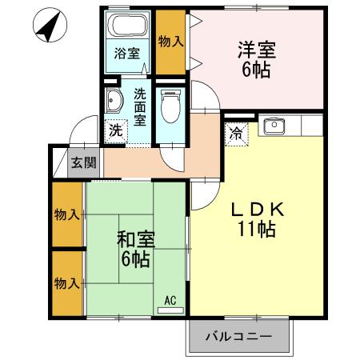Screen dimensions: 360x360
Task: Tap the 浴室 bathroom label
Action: [x=126, y=54]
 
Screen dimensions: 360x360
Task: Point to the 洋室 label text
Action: [x=256, y=50]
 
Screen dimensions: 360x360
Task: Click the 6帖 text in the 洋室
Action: [x=256, y=70]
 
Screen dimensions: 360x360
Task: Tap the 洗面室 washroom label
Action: [x=140, y=106]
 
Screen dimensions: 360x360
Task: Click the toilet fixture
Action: [x=169, y=102]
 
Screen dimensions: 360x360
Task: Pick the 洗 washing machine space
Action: [x=116, y=130]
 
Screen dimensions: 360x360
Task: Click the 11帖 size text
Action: [x=256, y=230]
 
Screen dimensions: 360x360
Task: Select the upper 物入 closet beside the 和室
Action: [x=66, y=214]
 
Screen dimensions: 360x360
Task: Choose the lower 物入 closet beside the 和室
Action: [x=66, y=283]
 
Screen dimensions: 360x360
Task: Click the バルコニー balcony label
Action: [x=237, y=335]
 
